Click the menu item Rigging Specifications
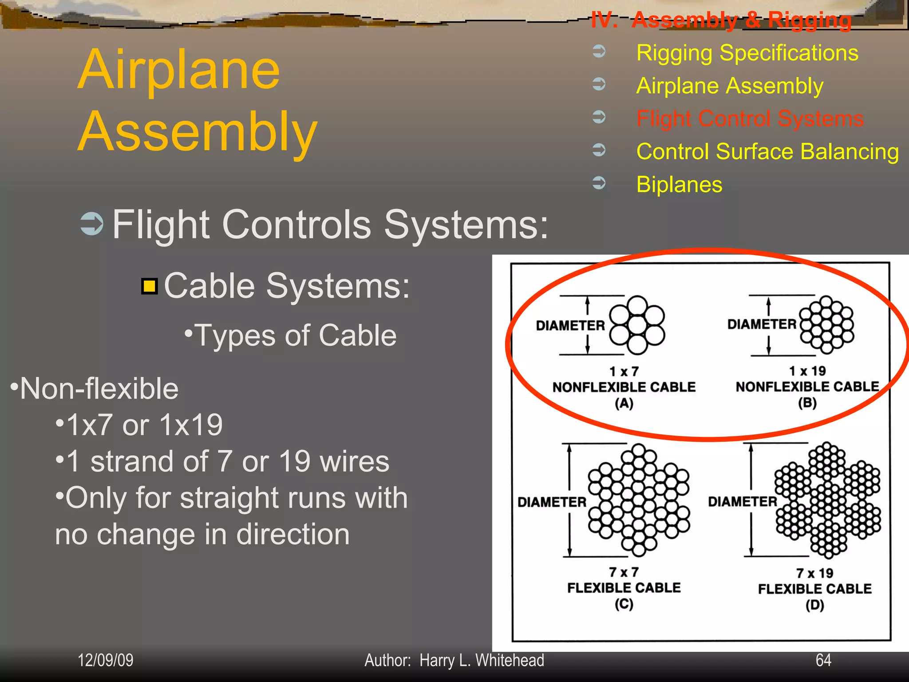(747, 53)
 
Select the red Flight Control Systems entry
(750, 119)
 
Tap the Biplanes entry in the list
(679, 184)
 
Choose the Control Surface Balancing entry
(767, 151)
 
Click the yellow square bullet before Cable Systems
(150, 286)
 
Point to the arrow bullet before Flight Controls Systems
(92, 224)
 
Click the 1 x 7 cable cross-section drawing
(637, 325)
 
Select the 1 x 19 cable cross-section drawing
(826, 325)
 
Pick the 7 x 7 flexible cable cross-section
(639, 500)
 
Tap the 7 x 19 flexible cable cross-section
(827, 500)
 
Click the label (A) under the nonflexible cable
(624, 403)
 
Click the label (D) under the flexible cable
(814, 605)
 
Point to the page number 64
(823, 660)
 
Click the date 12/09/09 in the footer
(106, 660)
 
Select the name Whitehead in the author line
(510, 660)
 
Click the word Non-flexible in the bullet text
(99, 389)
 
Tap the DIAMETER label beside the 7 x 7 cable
(552, 502)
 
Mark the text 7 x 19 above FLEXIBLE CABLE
(814, 573)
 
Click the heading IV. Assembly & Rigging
(721, 20)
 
